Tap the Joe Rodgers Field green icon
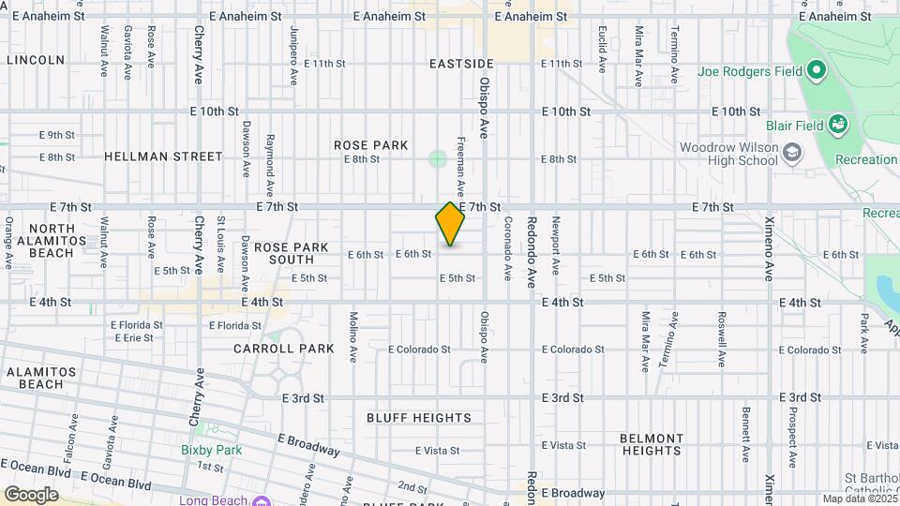coord(816,70)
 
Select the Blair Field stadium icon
coord(838,126)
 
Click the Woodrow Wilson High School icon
coord(792,151)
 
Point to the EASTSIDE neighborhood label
coord(461,64)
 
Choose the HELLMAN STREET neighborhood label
coord(163,156)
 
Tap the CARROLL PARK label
coord(284,349)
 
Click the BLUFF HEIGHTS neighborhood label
coord(419,418)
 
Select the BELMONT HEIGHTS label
coord(652,444)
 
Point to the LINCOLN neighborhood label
coord(36,60)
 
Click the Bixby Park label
coord(211,450)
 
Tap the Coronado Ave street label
coord(507,249)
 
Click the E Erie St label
coord(132,337)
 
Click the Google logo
coord(31,494)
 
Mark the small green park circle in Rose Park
coord(438,158)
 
